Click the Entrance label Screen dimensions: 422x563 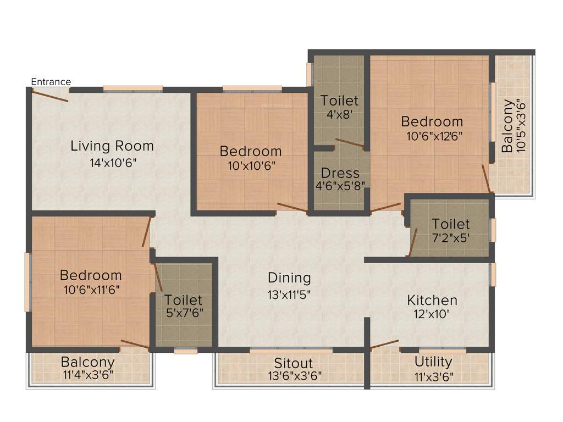coord(51,82)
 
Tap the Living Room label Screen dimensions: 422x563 coord(112,146)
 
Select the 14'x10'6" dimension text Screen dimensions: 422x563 coord(112,163)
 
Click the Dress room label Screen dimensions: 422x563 coord(340,173)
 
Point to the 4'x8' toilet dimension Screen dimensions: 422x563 coord(339,115)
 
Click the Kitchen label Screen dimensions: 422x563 coord(432,301)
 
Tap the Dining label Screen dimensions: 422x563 coord(289,277)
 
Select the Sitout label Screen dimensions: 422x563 coord(294,363)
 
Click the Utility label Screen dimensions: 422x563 coord(433,362)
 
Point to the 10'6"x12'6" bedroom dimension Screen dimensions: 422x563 coord(432,136)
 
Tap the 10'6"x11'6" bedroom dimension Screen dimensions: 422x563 coord(91,289)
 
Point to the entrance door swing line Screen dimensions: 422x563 coord(50,96)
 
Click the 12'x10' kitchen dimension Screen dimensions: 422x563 coord(432,315)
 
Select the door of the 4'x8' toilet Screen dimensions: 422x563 coord(349,143)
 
